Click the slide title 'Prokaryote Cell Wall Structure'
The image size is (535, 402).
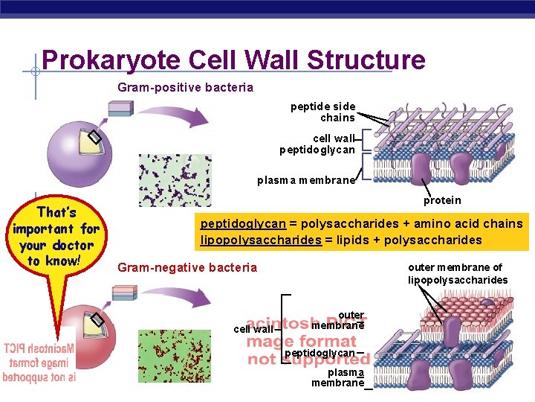click(x=233, y=60)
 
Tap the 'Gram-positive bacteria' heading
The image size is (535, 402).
click(x=185, y=88)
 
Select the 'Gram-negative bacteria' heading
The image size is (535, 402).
click(x=187, y=268)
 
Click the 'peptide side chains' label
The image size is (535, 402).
click(x=323, y=112)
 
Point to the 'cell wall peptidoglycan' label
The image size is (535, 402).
click(x=317, y=144)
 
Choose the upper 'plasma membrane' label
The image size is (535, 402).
click(x=307, y=181)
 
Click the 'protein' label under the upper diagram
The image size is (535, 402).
click(x=442, y=200)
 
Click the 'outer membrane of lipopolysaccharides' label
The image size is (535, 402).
click(x=458, y=274)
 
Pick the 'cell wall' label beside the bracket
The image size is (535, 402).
click(x=253, y=329)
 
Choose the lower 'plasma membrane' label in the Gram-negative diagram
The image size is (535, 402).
click(x=337, y=377)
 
